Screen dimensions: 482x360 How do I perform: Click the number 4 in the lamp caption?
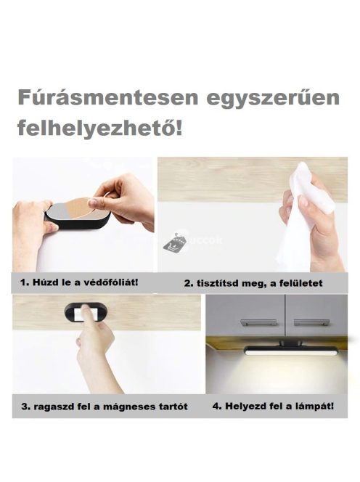(x=216, y=405)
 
